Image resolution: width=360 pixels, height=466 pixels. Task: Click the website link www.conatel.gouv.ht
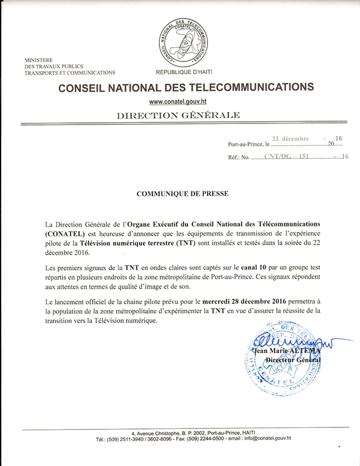pyautogui.click(x=178, y=102)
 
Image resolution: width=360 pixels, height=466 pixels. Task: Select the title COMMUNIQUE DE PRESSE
pyautogui.click(x=183, y=194)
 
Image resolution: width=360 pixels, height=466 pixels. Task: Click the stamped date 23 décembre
pyautogui.click(x=290, y=139)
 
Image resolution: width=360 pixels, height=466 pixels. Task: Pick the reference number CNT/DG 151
pyautogui.click(x=286, y=157)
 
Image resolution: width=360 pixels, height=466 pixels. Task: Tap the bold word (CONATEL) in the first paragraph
pyautogui.click(x=52, y=234)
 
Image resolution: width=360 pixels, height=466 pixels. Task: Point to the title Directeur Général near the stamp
pyautogui.click(x=293, y=360)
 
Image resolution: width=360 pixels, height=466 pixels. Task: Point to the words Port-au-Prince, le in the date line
pyautogui.click(x=249, y=145)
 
